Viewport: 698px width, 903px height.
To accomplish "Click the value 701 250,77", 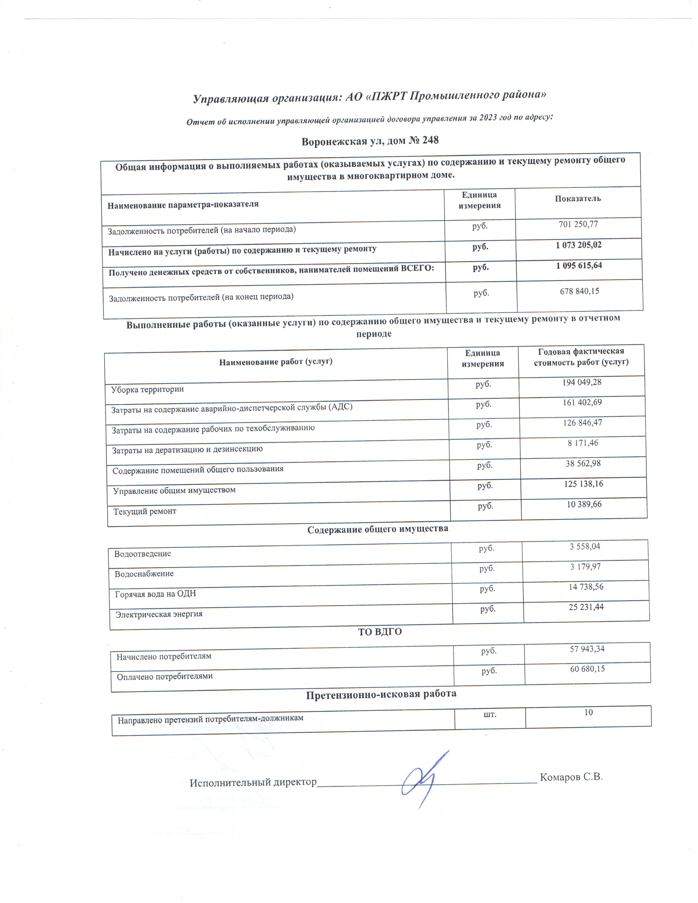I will (x=578, y=224).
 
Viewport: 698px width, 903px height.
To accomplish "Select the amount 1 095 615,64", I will (x=579, y=265).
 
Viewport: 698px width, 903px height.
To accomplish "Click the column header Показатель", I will (x=578, y=198).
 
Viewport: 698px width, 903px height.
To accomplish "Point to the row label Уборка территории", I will (x=147, y=389).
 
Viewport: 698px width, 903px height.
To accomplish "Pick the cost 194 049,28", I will (x=581, y=382).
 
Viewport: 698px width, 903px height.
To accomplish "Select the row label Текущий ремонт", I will (x=145, y=511).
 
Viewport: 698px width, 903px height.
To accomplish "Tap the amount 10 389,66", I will (x=584, y=504).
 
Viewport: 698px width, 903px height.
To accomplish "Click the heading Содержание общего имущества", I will (x=377, y=529).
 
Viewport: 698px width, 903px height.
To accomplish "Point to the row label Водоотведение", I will (x=143, y=554).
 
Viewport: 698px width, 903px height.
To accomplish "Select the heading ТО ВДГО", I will (x=380, y=632).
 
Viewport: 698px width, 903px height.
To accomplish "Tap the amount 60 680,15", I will (x=587, y=668).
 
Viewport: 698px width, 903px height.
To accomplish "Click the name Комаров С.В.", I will (x=571, y=777).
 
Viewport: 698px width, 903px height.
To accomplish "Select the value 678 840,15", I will (x=579, y=291).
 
